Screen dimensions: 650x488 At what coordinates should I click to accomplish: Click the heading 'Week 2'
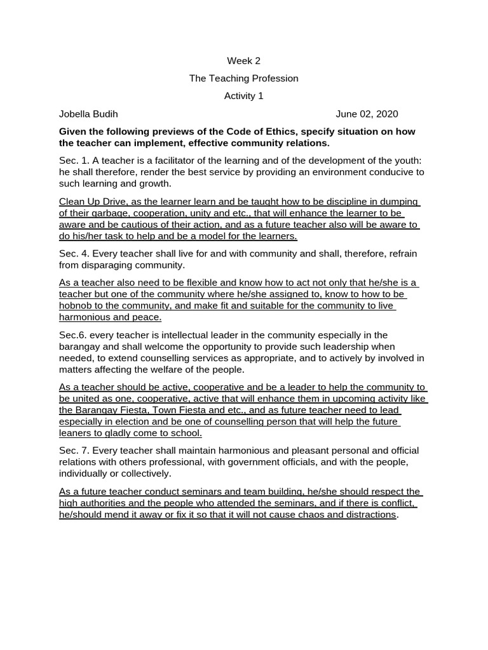243,61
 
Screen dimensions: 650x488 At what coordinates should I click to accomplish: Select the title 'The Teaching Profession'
243,79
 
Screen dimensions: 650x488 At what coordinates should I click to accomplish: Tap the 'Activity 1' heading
243,96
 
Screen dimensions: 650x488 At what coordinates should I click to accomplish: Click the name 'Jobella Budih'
88,114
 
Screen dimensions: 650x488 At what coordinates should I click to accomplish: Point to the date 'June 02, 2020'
367,114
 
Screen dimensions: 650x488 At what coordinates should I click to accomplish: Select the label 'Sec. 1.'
74,161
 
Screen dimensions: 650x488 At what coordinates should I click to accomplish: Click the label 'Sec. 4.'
74,254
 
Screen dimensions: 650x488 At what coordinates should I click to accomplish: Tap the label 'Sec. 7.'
74,451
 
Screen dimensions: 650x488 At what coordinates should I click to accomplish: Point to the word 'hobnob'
76,306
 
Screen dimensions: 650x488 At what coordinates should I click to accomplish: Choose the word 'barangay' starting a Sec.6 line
79,347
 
